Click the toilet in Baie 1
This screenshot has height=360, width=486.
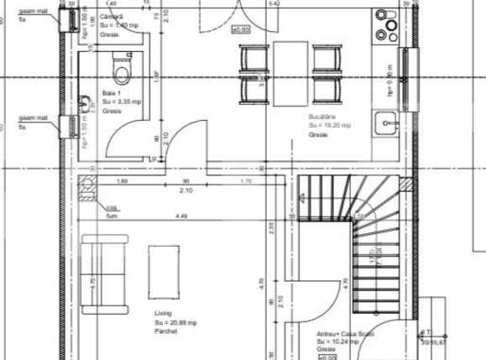pyautogui.click(x=122, y=64)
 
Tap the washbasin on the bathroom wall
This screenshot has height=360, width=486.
pyautogui.click(x=85, y=104)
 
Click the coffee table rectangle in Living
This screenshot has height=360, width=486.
pyautogui.click(x=164, y=271)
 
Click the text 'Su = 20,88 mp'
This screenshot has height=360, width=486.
pyautogui.click(x=175, y=322)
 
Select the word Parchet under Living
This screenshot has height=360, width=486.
pyautogui.click(x=165, y=330)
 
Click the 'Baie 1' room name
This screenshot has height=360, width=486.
pyautogui.click(x=112, y=91)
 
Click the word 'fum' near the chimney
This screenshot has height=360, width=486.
pyautogui.click(x=110, y=215)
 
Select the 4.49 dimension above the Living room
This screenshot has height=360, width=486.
pyautogui.click(x=181, y=217)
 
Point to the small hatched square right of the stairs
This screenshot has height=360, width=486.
pyautogui.click(x=407, y=182)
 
